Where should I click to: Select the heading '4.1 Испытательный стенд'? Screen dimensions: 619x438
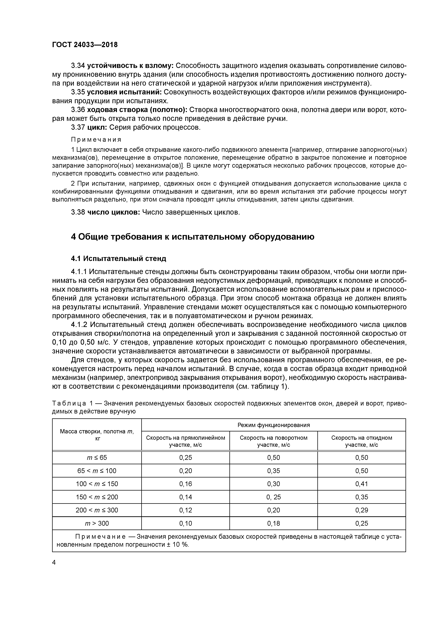[x=119, y=259]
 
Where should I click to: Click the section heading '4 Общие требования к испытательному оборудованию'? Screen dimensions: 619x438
[x=192, y=237]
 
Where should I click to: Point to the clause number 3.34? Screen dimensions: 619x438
[x=78, y=65]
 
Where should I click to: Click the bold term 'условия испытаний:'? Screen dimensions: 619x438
[x=124, y=92]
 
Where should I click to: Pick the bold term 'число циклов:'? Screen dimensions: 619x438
[x=113, y=212]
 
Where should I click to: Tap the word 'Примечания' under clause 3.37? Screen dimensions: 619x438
[x=96, y=140]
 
